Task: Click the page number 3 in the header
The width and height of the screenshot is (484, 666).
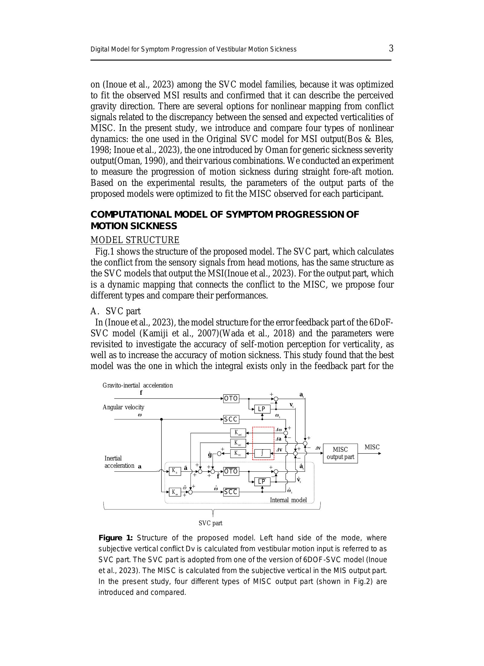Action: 391,48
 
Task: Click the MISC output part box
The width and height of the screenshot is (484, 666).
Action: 340,453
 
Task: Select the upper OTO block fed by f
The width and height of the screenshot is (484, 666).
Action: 231,398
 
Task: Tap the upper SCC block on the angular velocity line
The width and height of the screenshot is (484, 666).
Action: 231,419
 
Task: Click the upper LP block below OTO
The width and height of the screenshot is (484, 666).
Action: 262,409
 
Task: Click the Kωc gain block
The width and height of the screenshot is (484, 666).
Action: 238,433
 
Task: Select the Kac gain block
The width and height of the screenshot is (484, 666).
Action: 238,443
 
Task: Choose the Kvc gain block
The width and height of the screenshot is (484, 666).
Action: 238,453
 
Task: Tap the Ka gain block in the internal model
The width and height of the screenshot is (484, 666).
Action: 175,471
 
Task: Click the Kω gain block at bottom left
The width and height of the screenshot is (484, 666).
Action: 175,492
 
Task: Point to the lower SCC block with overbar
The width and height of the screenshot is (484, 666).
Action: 231,492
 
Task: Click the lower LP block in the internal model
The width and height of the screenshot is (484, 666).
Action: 262,481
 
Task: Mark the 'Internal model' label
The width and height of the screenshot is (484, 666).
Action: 288,500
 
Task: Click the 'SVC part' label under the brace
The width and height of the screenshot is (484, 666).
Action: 210,523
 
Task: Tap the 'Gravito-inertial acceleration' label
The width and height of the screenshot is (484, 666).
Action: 138,385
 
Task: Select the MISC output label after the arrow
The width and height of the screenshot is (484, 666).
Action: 372,447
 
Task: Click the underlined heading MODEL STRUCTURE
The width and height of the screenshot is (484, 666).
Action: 135,240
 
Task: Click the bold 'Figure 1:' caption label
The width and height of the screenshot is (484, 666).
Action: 116,538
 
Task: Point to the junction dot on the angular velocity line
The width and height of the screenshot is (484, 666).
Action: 161,419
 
